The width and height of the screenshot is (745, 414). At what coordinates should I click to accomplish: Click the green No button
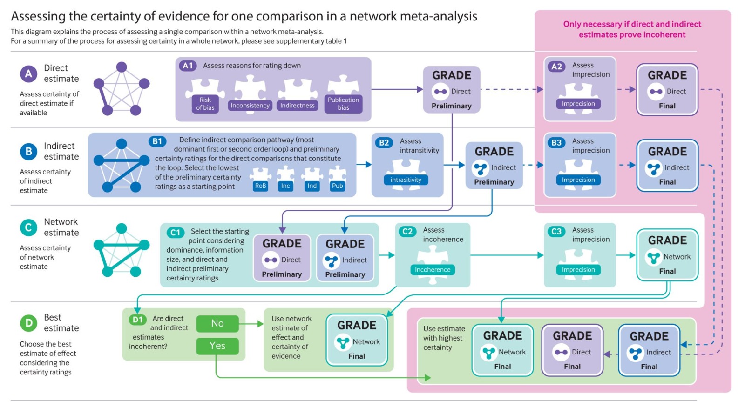(217, 323)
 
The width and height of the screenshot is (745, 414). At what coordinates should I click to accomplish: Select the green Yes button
(217, 346)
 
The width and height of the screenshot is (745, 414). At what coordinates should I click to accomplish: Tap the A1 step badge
(188, 66)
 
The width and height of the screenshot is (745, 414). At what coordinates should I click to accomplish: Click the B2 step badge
(384, 142)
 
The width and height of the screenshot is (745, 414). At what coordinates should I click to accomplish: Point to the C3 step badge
(556, 231)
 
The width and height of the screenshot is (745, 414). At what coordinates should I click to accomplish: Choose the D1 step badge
(137, 320)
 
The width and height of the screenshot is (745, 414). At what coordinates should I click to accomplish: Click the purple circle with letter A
(29, 73)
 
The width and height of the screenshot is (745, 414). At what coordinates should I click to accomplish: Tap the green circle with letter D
(29, 323)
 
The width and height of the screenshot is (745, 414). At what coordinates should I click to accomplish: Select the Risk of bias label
(205, 103)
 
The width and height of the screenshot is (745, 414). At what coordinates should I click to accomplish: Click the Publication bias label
(343, 103)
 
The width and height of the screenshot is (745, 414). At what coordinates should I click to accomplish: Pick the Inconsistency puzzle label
(250, 106)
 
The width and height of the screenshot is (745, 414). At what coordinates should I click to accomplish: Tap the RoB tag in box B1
(260, 186)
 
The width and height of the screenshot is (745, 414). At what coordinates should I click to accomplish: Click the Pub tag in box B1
(337, 186)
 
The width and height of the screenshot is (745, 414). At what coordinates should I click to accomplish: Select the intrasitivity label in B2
(406, 180)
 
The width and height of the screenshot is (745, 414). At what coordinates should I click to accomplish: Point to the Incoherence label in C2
(433, 269)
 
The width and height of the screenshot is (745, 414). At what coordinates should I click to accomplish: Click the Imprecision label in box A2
(578, 104)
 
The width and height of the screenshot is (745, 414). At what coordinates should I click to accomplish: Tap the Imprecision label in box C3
(578, 269)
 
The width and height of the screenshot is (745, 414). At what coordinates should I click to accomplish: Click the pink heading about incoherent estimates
(632, 29)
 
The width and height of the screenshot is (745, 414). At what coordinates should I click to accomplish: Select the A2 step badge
(556, 67)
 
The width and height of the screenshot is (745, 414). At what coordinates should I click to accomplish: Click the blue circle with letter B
(29, 151)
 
